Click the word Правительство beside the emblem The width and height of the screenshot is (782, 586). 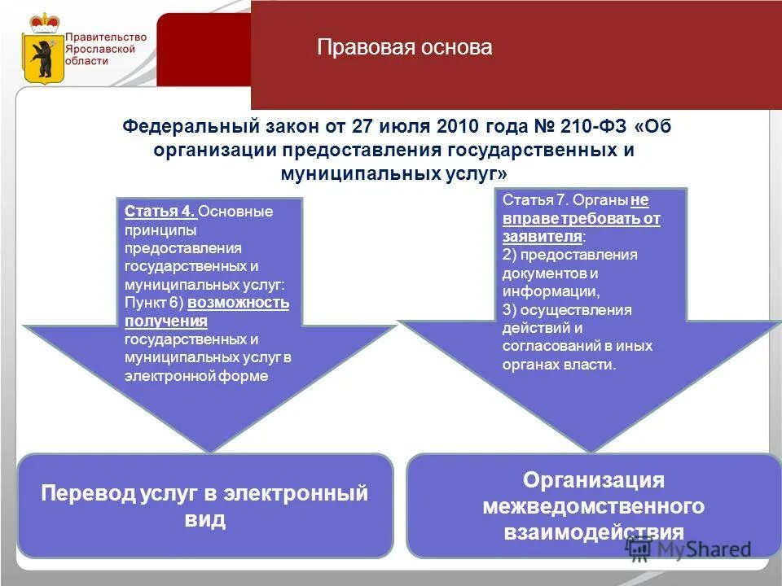pyautogui.click(x=106, y=37)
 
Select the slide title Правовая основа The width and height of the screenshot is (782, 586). pyautogui.click(x=405, y=47)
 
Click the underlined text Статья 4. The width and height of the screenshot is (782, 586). pyautogui.click(x=160, y=212)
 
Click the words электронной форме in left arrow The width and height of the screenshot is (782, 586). pyautogui.click(x=195, y=376)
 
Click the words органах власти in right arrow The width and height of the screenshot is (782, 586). pyautogui.click(x=559, y=364)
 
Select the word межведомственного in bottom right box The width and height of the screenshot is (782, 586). pyautogui.click(x=593, y=506)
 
